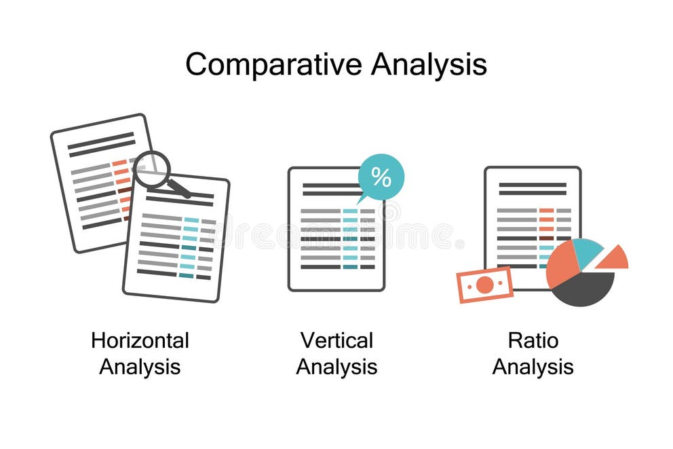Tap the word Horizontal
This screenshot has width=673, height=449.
tap(140, 340)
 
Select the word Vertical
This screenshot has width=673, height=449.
tap(336, 340)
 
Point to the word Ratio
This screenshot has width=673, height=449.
tap(533, 340)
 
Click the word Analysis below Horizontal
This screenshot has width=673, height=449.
tap(140, 367)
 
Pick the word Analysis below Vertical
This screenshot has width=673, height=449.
tap(336, 367)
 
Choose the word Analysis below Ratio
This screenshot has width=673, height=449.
tap(533, 367)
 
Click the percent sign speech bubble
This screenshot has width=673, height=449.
tap(381, 177)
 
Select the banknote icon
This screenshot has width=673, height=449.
tap(484, 285)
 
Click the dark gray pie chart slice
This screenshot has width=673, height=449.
tap(585, 289)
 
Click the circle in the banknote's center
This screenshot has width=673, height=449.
tap(484, 285)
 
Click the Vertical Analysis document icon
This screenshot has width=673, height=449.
tap(336, 231)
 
